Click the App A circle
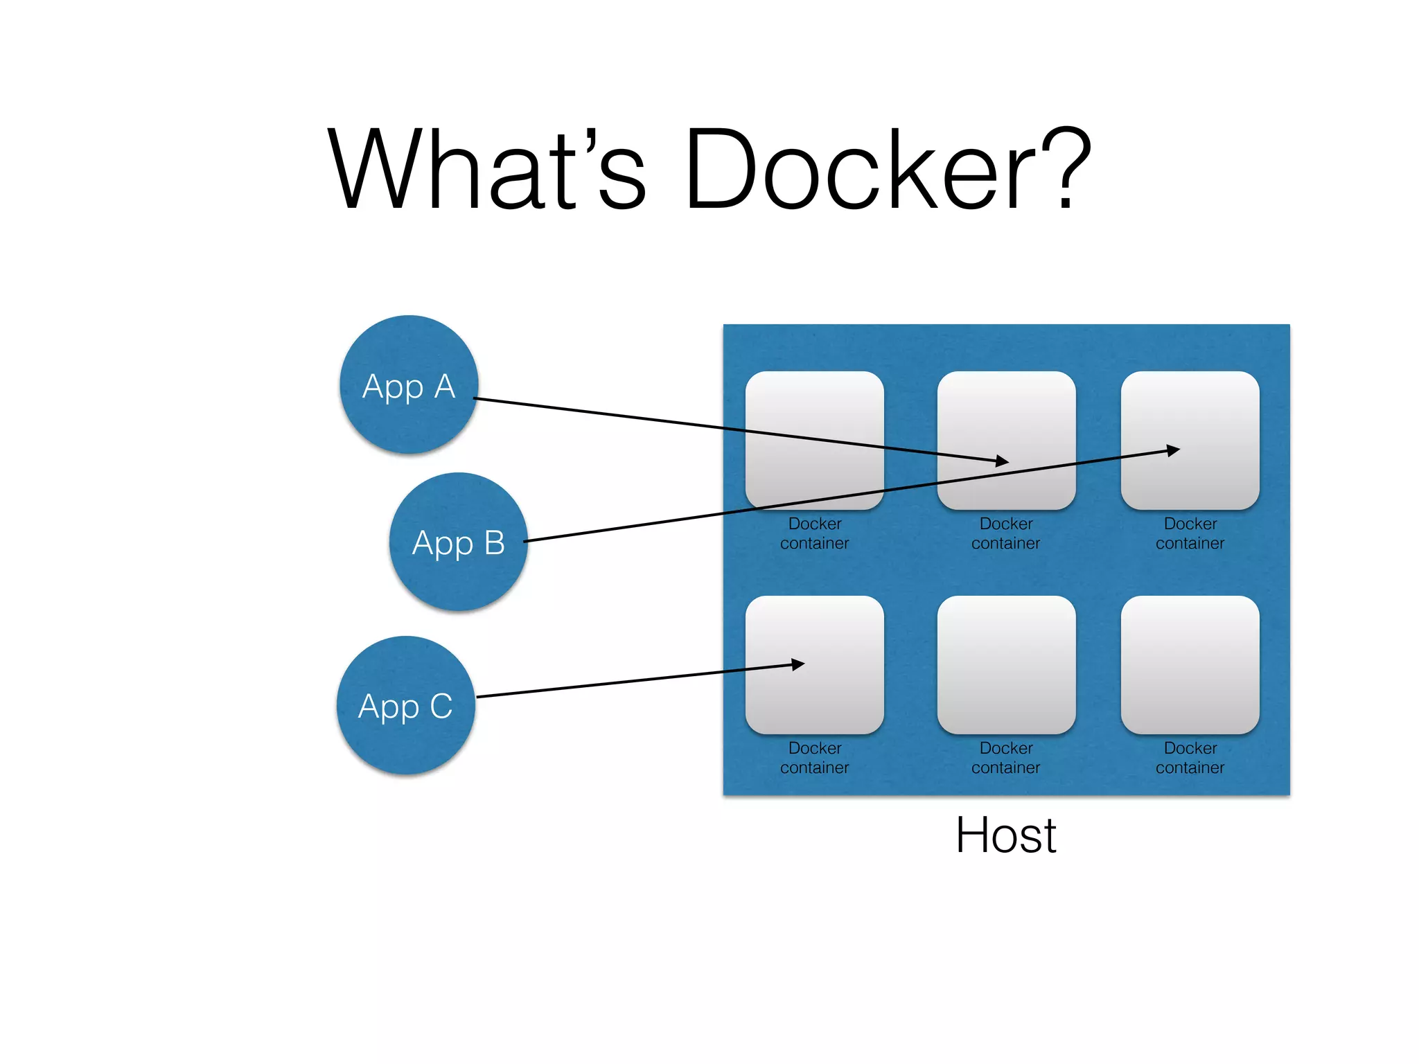(409, 385)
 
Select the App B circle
(458, 542)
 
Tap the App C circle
(406, 705)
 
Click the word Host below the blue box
(1005, 835)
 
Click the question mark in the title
(1063, 169)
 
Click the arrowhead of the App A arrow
(1003, 461)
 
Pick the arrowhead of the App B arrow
(1173, 451)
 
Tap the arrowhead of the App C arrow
(799, 664)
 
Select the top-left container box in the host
(814, 416)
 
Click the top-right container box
(1190, 416)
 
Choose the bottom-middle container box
(1006, 665)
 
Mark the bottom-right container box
(1190, 665)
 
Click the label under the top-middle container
(1006, 533)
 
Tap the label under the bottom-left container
(814, 758)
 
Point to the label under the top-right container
(1190, 533)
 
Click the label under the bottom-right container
(1190, 758)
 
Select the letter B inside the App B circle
(494, 542)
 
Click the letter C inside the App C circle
(441, 706)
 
